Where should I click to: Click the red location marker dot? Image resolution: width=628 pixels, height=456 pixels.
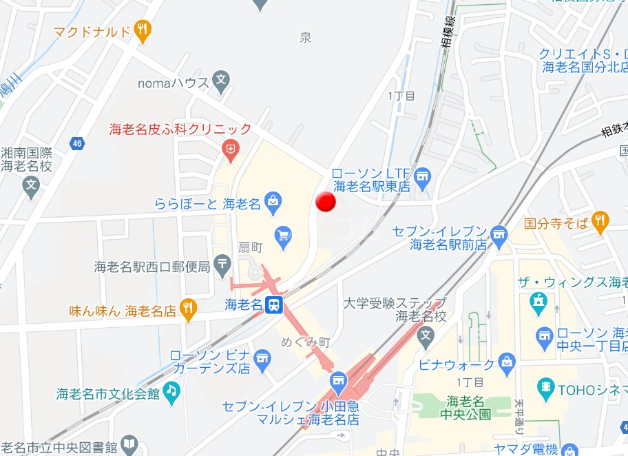[x=325, y=202]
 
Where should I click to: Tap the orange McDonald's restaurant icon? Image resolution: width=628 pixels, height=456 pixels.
[x=143, y=30]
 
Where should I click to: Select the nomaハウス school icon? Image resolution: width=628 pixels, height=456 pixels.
[x=221, y=81]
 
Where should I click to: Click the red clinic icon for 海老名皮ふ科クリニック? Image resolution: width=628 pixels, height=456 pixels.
[x=232, y=148]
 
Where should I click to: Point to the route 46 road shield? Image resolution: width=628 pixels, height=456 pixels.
[x=77, y=143]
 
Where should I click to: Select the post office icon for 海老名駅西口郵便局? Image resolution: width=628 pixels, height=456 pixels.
[x=222, y=262]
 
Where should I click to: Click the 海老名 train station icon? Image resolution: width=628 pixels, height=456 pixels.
[x=274, y=304]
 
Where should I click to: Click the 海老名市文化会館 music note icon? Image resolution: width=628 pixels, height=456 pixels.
[x=171, y=391]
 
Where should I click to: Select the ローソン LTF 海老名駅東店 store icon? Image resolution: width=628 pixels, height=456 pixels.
[x=423, y=178]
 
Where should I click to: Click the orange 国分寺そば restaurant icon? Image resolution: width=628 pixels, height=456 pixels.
[x=600, y=222]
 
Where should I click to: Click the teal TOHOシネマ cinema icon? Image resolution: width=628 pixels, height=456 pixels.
[x=545, y=386]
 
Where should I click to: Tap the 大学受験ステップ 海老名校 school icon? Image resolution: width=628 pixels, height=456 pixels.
[x=426, y=337]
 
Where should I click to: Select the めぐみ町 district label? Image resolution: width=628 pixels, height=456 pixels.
[x=306, y=342]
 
